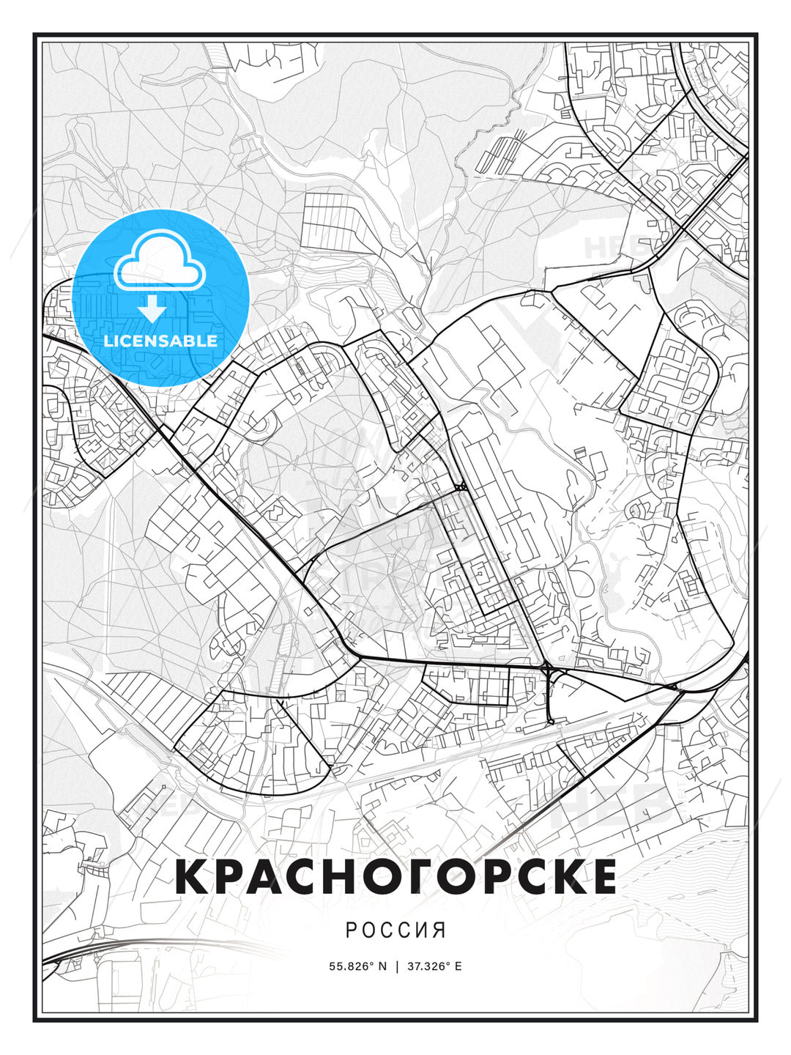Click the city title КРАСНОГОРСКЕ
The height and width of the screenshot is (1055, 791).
[x=395, y=876]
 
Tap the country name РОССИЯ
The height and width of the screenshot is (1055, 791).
[x=395, y=930]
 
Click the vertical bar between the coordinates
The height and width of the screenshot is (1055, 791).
[x=396, y=966]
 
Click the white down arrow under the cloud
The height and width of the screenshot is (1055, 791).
[x=152, y=308]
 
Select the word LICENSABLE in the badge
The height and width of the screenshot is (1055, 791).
[x=160, y=341]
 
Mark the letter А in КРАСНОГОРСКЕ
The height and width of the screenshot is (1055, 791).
[x=265, y=876]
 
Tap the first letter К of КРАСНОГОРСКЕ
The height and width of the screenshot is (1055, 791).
[x=192, y=876]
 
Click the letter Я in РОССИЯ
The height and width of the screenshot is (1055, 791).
[x=439, y=930]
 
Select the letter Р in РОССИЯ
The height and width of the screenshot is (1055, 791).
[x=352, y=930]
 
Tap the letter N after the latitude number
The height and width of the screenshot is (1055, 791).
[x=382, y=966]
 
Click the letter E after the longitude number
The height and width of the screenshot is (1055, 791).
[x=458, y=966]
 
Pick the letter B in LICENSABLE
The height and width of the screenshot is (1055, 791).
[x=191, y=341]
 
